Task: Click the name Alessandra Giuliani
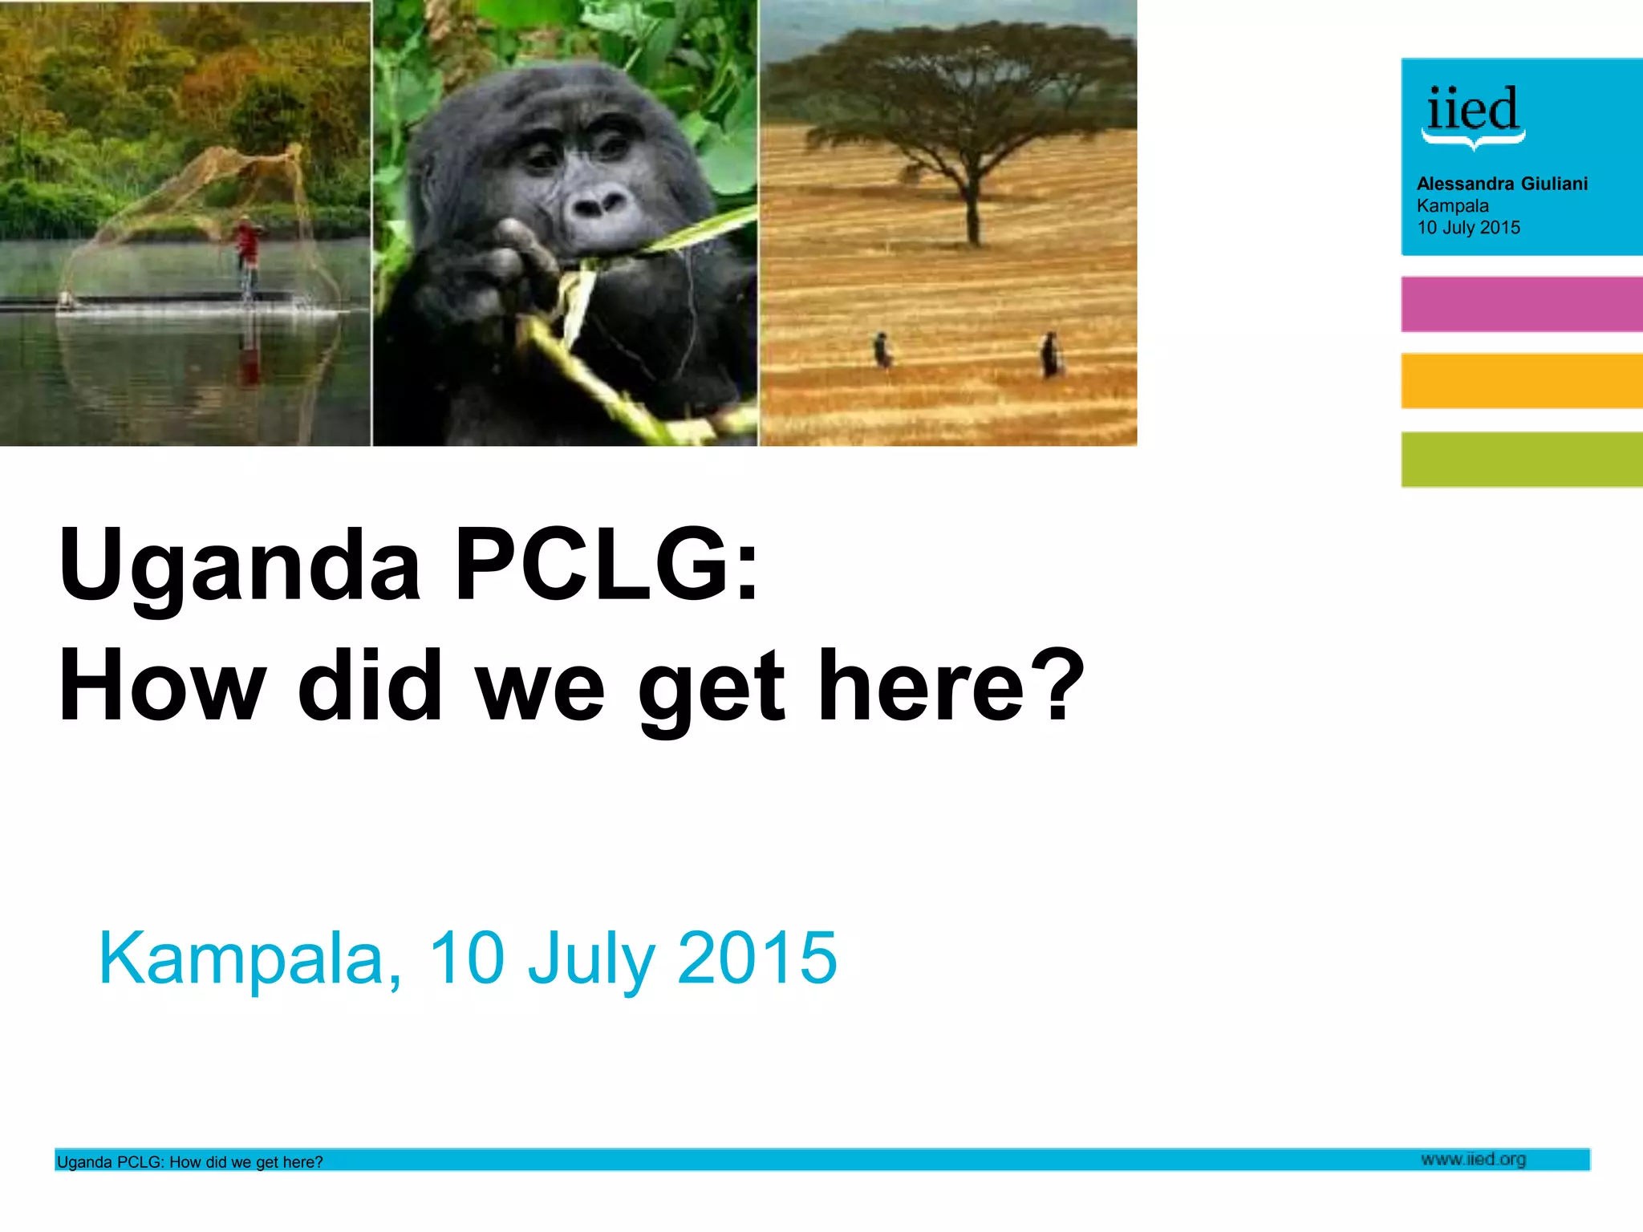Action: pyautogui.click(x=1502, y=184)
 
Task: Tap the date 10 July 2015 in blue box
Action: pyautogui.click(x=1468, y=228)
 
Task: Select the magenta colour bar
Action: pyautogui.click(x=1521, y=304)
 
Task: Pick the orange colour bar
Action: pyautogui.click(x=1521, y=381)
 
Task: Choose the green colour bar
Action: pyautogui.click(x=1521, y=459)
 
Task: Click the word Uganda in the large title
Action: pyautogui.click(x=239, y=565)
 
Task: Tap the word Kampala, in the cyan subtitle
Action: pyautogui.click(x=249, y=958)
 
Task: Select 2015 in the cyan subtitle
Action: pyautogui.click(x=757, y=958)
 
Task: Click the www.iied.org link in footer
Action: pyautogui.click(x=1473, y=1159)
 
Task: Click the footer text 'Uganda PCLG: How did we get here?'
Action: pyautogui.click(x=190, y=1162)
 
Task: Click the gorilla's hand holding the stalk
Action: pyautogui.click(x=513, y=257)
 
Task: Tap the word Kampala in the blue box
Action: pyautogui.click(x=1452, y=206)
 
